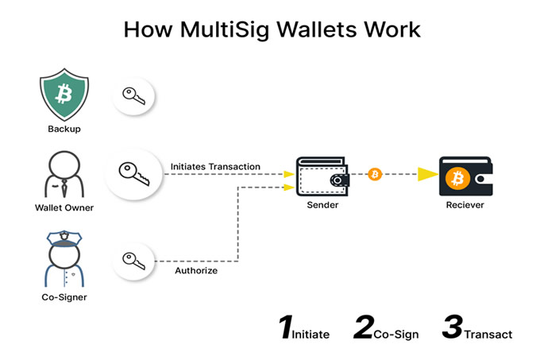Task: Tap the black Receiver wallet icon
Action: (465, 176)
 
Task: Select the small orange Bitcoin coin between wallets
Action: (375, 174)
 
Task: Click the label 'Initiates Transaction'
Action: (215, 166)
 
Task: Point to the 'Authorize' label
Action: (196, 271)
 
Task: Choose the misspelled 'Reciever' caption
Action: (465, 205)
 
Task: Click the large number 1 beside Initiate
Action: (286, 327)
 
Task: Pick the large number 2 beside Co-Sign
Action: (363, 327)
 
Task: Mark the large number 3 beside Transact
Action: (452, 327)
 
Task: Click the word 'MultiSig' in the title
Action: (223, 30)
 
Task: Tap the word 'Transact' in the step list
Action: (488, 335)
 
